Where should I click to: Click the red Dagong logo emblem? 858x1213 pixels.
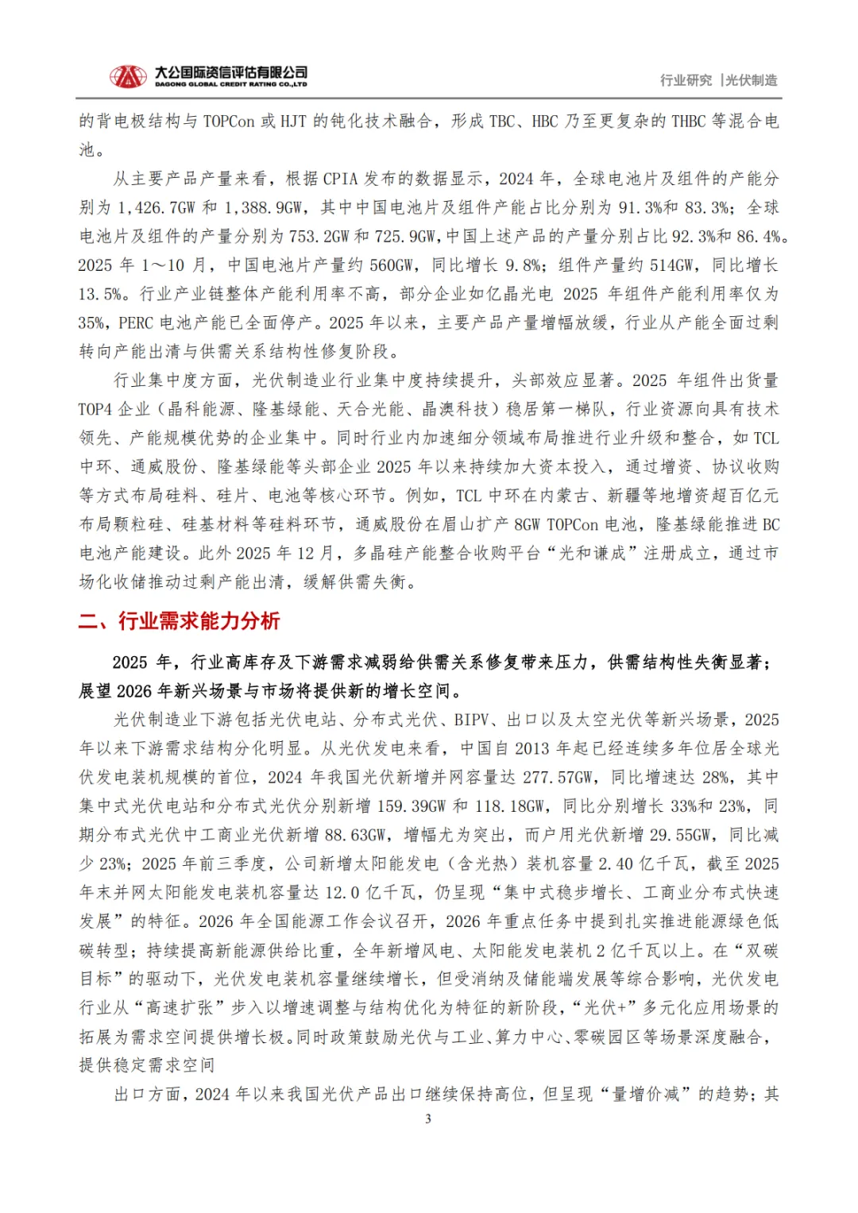click(128, 77)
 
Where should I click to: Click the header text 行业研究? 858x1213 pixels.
click(686, 80)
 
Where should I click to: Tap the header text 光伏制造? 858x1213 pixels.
click(752, 80)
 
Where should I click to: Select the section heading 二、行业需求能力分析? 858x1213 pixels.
click(180, 621)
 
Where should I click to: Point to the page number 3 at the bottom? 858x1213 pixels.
click(428, 1118)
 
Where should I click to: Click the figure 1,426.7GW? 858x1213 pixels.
click(157, 207)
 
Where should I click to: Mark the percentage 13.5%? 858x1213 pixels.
click(101, 294)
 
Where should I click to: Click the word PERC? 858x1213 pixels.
click(135, 323)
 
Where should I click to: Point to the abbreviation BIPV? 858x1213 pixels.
click(471, 720)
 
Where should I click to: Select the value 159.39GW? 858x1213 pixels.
click(411, 806)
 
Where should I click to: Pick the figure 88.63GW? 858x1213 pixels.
click(355, 835)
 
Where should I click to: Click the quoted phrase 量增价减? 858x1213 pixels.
click(645, 1094)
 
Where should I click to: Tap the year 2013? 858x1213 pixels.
click(531, 748)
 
